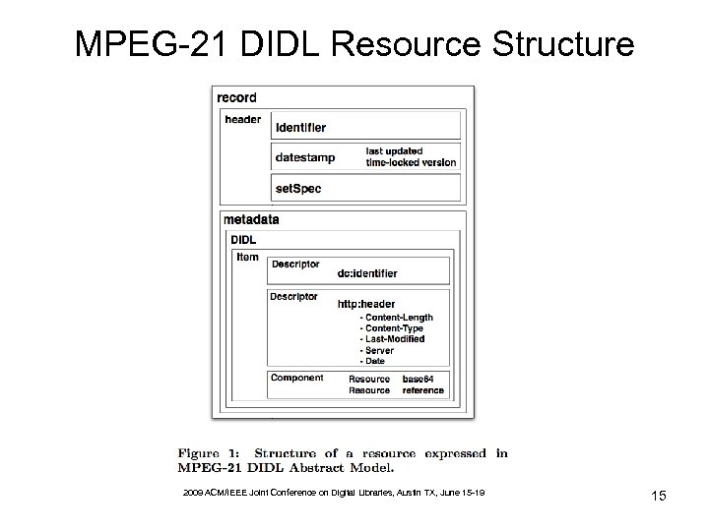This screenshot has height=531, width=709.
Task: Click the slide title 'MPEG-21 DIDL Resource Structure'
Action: coord(354,43)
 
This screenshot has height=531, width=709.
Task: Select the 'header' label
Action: coord(243,120)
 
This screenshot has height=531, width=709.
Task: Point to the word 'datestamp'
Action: coord(305,157)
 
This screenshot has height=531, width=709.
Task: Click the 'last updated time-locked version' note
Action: coord(411,156)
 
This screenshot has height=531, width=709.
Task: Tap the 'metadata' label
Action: coord(251,219)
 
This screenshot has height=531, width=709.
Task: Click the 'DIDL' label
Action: coord(243,239)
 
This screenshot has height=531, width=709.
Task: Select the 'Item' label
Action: coord(247,258)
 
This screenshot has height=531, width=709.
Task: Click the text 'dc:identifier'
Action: coord(367,273)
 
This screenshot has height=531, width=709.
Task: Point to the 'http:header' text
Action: coord(366,304)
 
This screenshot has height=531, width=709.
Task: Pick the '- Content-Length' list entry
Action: coord(397,318)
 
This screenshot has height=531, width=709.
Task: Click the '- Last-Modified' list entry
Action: coord(393,339)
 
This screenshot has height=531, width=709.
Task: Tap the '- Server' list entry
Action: coord(378,350)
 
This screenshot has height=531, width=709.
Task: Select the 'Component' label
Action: coord(296,379)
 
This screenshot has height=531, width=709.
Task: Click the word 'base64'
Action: coord(421,379)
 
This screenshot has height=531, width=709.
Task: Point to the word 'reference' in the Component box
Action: coord(423,390)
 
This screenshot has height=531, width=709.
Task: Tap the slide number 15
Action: coord(658,497)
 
